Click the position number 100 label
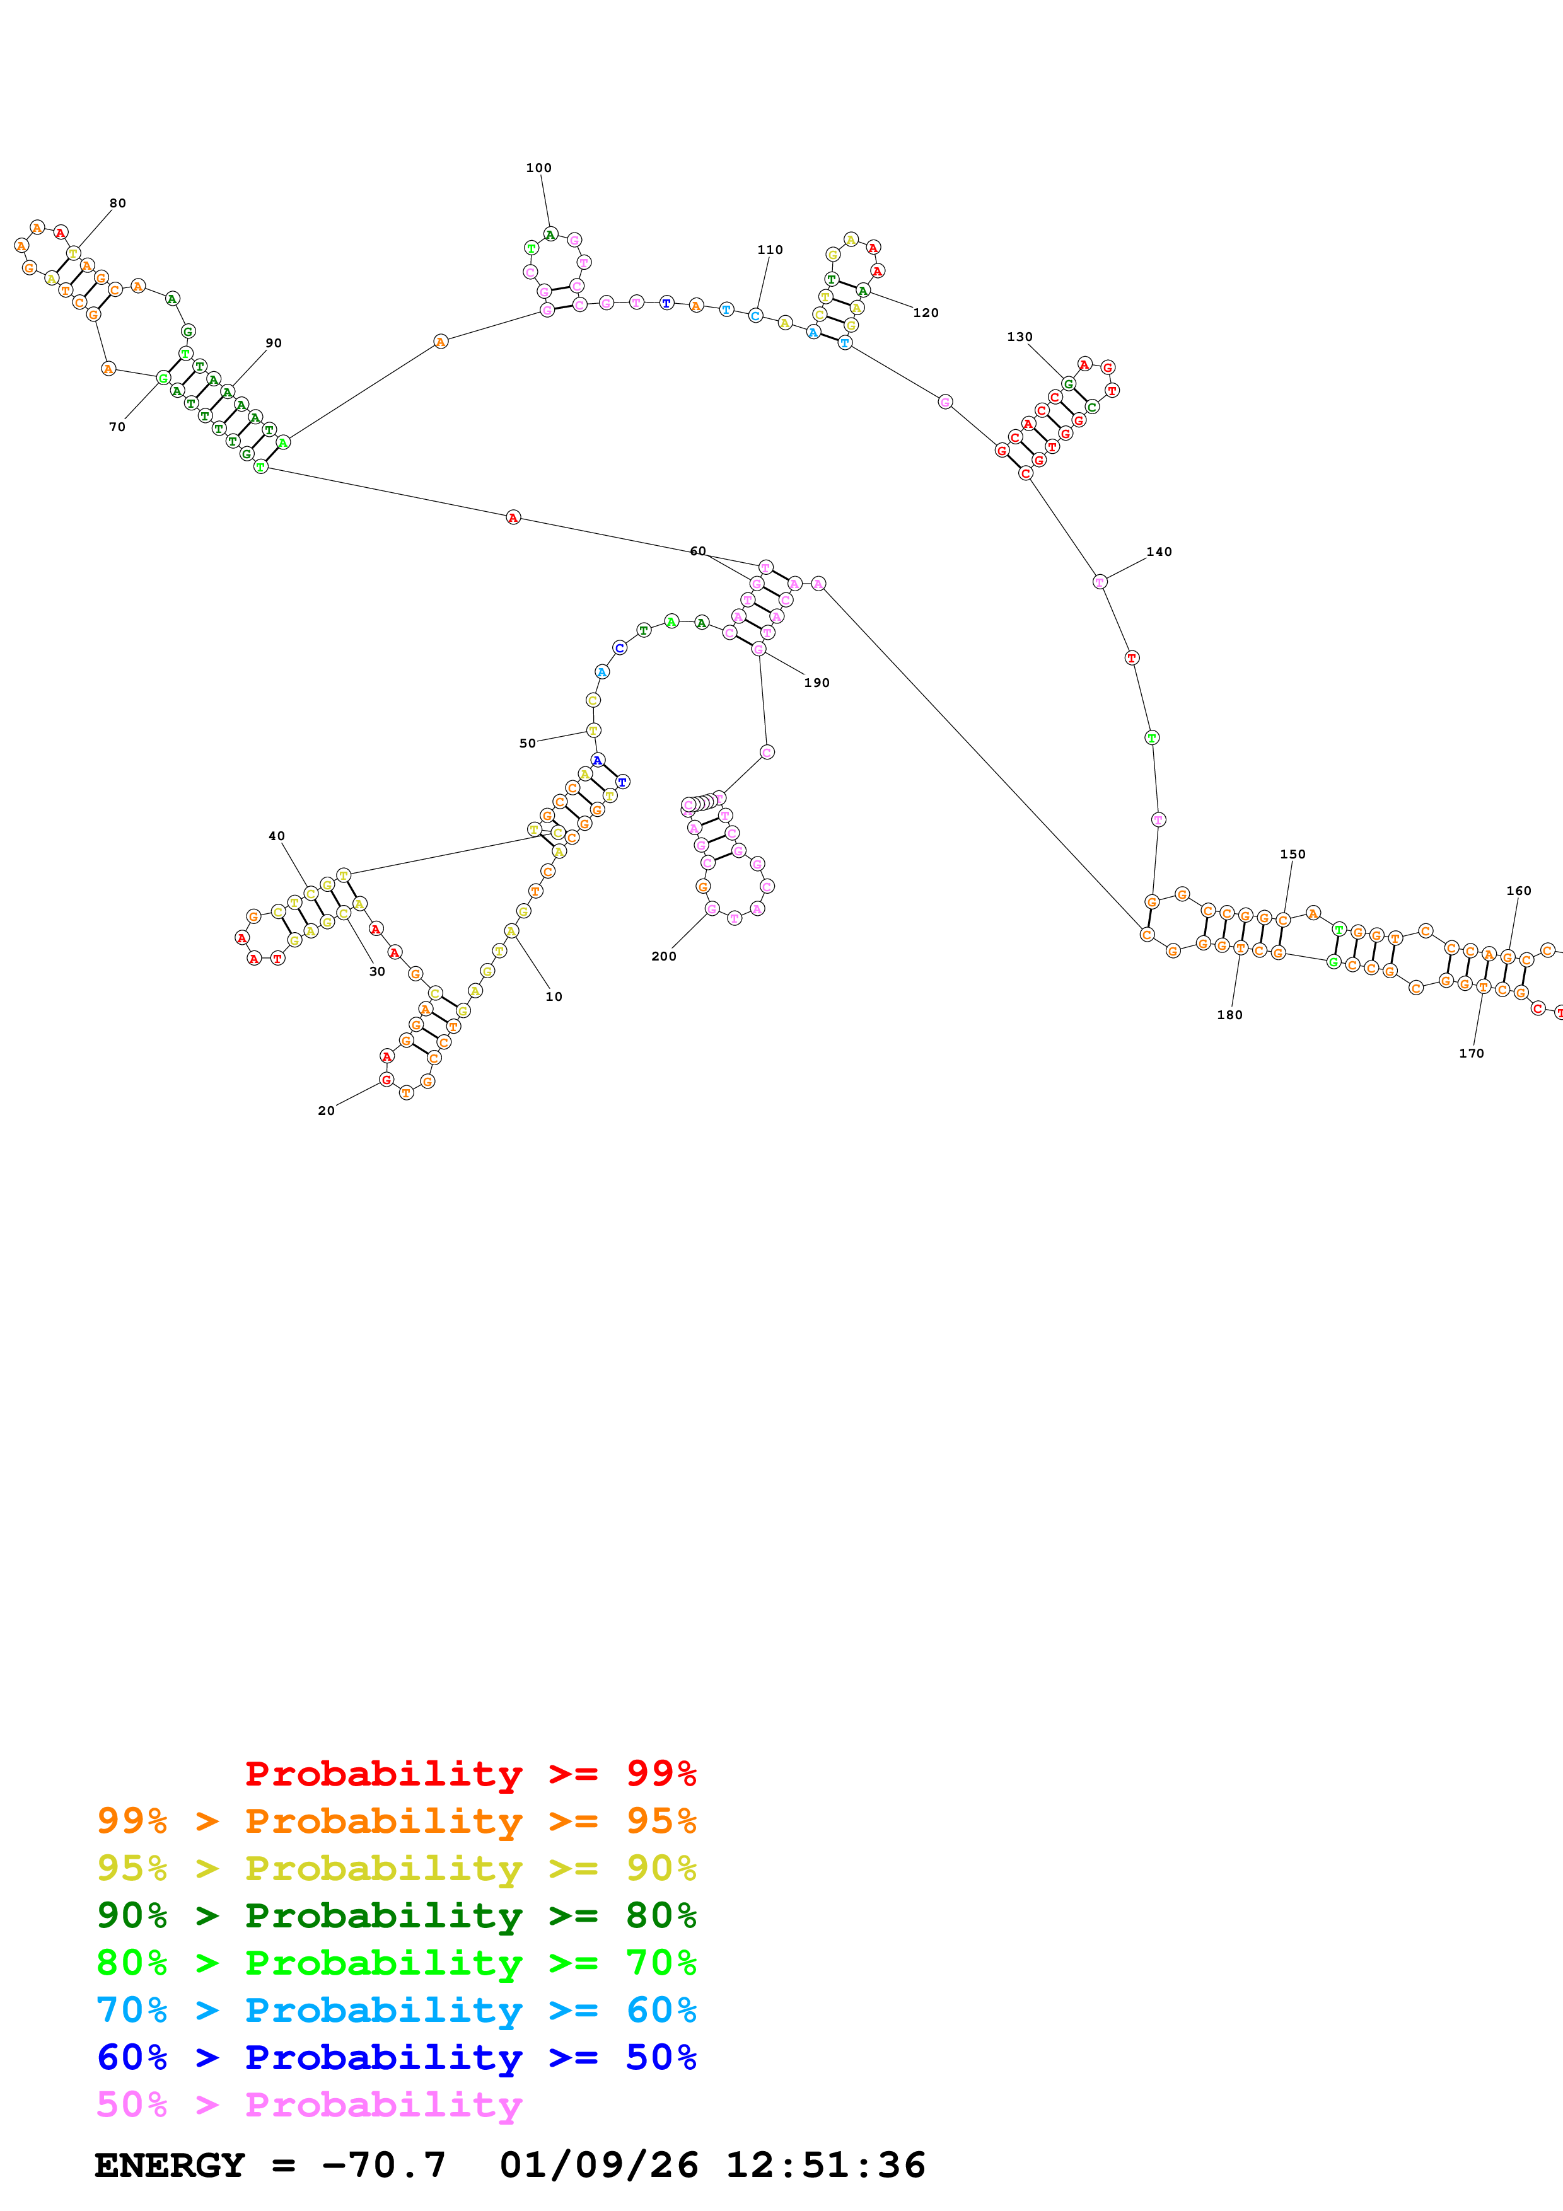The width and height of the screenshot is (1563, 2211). (x=538, y=168)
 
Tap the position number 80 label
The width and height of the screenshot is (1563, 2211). (x=117, y=203)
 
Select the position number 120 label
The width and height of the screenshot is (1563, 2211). (x=926, y=313)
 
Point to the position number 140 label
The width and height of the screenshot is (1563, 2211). (x=1158, y=551)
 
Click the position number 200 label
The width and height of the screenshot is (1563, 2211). (x=663, y=956)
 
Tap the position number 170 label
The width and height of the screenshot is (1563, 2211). (x=1470, y=1053)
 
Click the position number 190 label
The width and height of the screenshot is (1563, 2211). (x=816, y=683)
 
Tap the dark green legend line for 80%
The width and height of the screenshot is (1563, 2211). (x=397, y=1915)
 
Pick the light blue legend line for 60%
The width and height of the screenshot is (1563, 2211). (x=397, y=2010)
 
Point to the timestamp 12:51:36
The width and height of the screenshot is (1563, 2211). (x=825, y=2165)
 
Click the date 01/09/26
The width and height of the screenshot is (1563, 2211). (x=599, y=2165)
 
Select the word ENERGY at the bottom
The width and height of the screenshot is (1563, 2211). (x=170, y=2165)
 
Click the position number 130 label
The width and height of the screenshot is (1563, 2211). (x=1019, y=337)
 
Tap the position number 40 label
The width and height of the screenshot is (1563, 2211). (x=276, y=836)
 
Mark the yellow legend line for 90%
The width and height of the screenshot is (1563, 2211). (x=397, y=1868)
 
